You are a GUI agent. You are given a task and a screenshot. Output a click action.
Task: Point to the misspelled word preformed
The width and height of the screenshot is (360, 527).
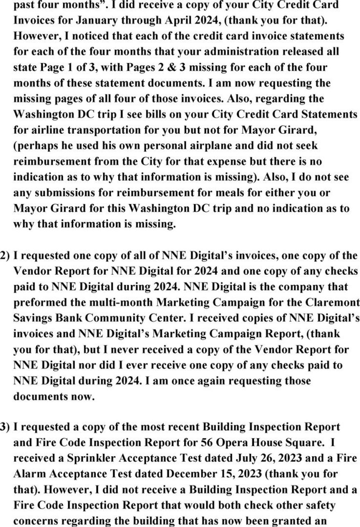click(x=40, y=303)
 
